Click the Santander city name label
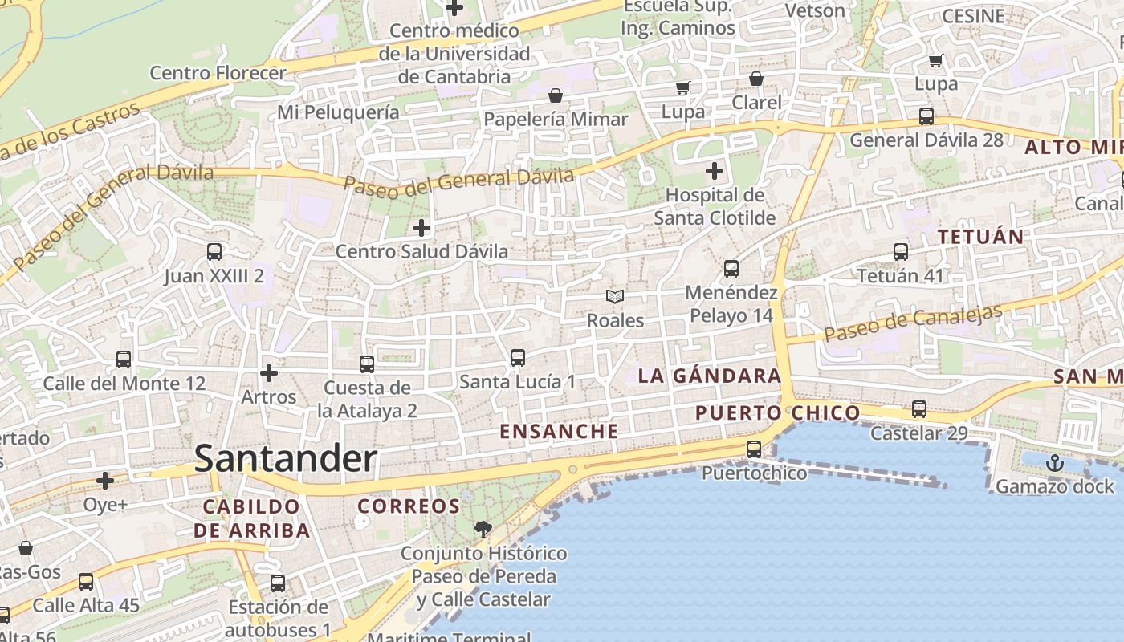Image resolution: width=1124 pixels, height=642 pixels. [285, 459]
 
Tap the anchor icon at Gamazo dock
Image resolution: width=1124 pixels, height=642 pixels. [1054, 463]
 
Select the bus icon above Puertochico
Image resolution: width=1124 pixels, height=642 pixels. [753, 449]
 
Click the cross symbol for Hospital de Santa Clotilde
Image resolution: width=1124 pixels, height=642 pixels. [714, 171]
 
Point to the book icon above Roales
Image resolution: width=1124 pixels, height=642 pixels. [615, 297]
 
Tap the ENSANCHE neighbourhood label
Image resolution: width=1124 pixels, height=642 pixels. [559, 431]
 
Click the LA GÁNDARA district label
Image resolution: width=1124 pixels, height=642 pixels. [709, 376]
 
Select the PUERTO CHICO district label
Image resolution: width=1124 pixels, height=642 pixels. [777, 413]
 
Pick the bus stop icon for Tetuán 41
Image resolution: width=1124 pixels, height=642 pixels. [900, 252]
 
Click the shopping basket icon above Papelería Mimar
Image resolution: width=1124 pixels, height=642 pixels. [555, 96]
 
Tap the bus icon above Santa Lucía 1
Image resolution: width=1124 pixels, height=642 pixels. [517, 358]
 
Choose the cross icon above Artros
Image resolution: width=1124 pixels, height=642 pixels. [269, 373]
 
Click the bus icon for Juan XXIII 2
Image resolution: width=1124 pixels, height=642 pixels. [214, 252]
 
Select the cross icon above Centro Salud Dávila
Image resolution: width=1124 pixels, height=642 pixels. [421, 228]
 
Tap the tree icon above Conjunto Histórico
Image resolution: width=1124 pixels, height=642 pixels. [483, 529]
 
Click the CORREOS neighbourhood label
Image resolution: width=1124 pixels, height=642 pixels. [409, 506]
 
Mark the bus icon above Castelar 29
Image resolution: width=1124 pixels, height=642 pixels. [919, 409]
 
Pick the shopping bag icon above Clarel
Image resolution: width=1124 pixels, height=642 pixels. [755, 79]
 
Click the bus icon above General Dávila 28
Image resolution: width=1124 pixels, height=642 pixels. [926, 116]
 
